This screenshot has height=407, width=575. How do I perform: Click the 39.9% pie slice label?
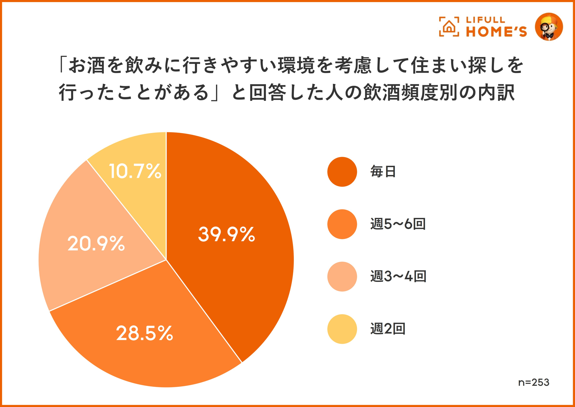click(x=226, y=234)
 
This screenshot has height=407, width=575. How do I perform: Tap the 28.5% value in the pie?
click(x=145, y=333)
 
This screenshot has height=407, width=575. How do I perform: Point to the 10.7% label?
click(x=135, y=171)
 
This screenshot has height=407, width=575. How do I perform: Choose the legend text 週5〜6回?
click(x=398, y=224)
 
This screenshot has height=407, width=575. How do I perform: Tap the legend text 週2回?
click(x=388, y=329)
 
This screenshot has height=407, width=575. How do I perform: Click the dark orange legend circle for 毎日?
click(x=342, y=172)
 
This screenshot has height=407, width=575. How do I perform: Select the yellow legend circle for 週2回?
click(x=342, y=329)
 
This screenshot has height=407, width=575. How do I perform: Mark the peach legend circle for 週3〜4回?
click(x=342, y=276)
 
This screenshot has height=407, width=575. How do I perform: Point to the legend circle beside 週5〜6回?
click(x=342, y=224)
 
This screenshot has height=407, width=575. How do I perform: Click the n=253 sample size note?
click(x=534, y=383)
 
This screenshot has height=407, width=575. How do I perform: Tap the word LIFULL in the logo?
click(x=486, y=20)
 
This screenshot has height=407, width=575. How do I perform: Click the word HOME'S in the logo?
click(x=496, y=32)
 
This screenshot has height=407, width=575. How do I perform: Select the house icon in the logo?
click(x=449, y=27)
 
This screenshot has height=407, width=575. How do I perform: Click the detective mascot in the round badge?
click(x=549, y=27)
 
